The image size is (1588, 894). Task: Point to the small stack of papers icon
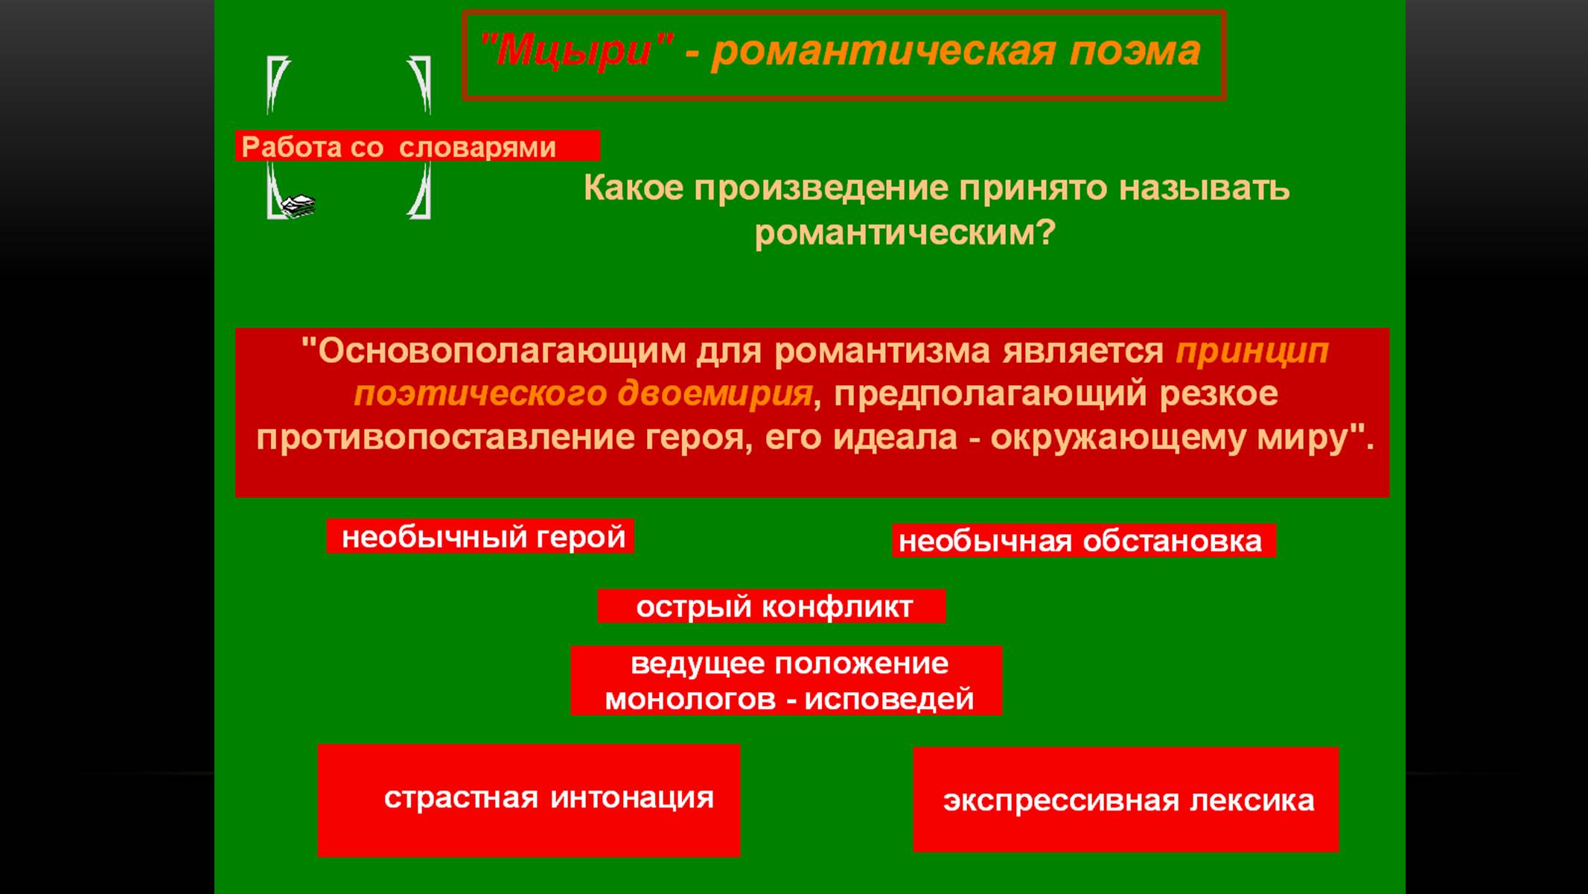click(299, 206)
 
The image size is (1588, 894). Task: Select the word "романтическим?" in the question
click(905, 233)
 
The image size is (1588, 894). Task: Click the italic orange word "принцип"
click(1252, 351)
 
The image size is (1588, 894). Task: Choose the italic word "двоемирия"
click(715, 394)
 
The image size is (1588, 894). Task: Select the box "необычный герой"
click(480, 536)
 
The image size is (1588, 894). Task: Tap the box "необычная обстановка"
click(1084, 541)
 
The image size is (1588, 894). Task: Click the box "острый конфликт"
click(771, 606)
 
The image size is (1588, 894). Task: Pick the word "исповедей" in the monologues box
click(889, 700)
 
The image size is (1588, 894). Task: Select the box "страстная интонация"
click(529, 800)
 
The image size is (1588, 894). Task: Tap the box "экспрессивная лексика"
click(1126, 799)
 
